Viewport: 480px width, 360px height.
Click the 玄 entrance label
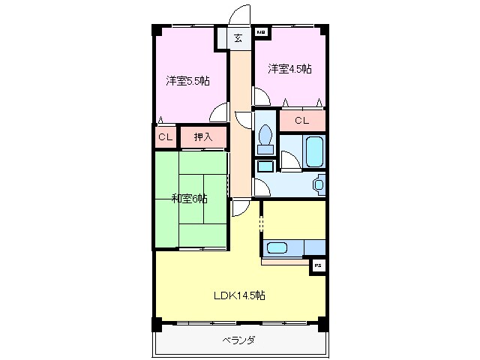pos(238,38)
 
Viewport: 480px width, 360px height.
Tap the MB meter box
pos(262,33)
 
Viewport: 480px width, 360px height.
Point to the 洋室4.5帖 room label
pos(289,69)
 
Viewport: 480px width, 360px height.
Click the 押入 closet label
pos(203,137)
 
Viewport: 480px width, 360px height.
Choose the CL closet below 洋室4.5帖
pos(301,120)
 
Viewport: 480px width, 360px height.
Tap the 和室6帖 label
pos(189,199)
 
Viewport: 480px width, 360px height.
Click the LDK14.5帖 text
pos(238,295)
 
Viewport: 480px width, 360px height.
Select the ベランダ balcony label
pos(238,340)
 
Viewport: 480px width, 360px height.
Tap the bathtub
pos(314,152)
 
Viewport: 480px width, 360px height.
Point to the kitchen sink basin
pos(278,247)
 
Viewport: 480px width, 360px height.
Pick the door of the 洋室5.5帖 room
pos(218,112)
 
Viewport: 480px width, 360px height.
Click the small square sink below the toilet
pos(265,166)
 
